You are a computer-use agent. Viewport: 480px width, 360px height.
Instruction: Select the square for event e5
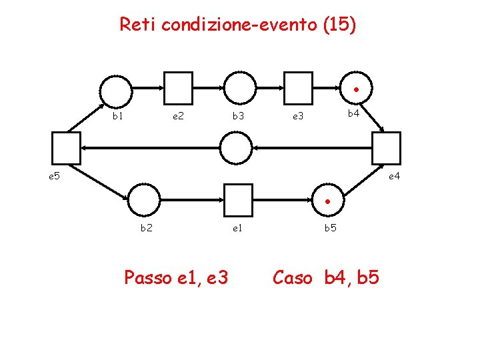[66, 147]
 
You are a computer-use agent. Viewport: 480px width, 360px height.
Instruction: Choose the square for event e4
[387, 147]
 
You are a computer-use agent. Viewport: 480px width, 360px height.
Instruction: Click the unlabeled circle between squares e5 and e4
[236, 147]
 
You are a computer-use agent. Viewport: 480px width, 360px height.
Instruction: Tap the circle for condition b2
[144, 199]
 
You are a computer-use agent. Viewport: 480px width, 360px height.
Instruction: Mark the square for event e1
[239, 199]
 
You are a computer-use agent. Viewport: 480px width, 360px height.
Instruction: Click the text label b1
[117, 116]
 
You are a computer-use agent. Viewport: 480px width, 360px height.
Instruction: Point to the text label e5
[54, 177]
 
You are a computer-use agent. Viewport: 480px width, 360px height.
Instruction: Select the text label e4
[394, 177]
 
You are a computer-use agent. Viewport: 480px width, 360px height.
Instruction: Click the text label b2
[145, 228]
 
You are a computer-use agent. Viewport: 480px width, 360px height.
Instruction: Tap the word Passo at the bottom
[149, 277]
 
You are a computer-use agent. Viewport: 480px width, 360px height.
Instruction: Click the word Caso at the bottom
[292, 277]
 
